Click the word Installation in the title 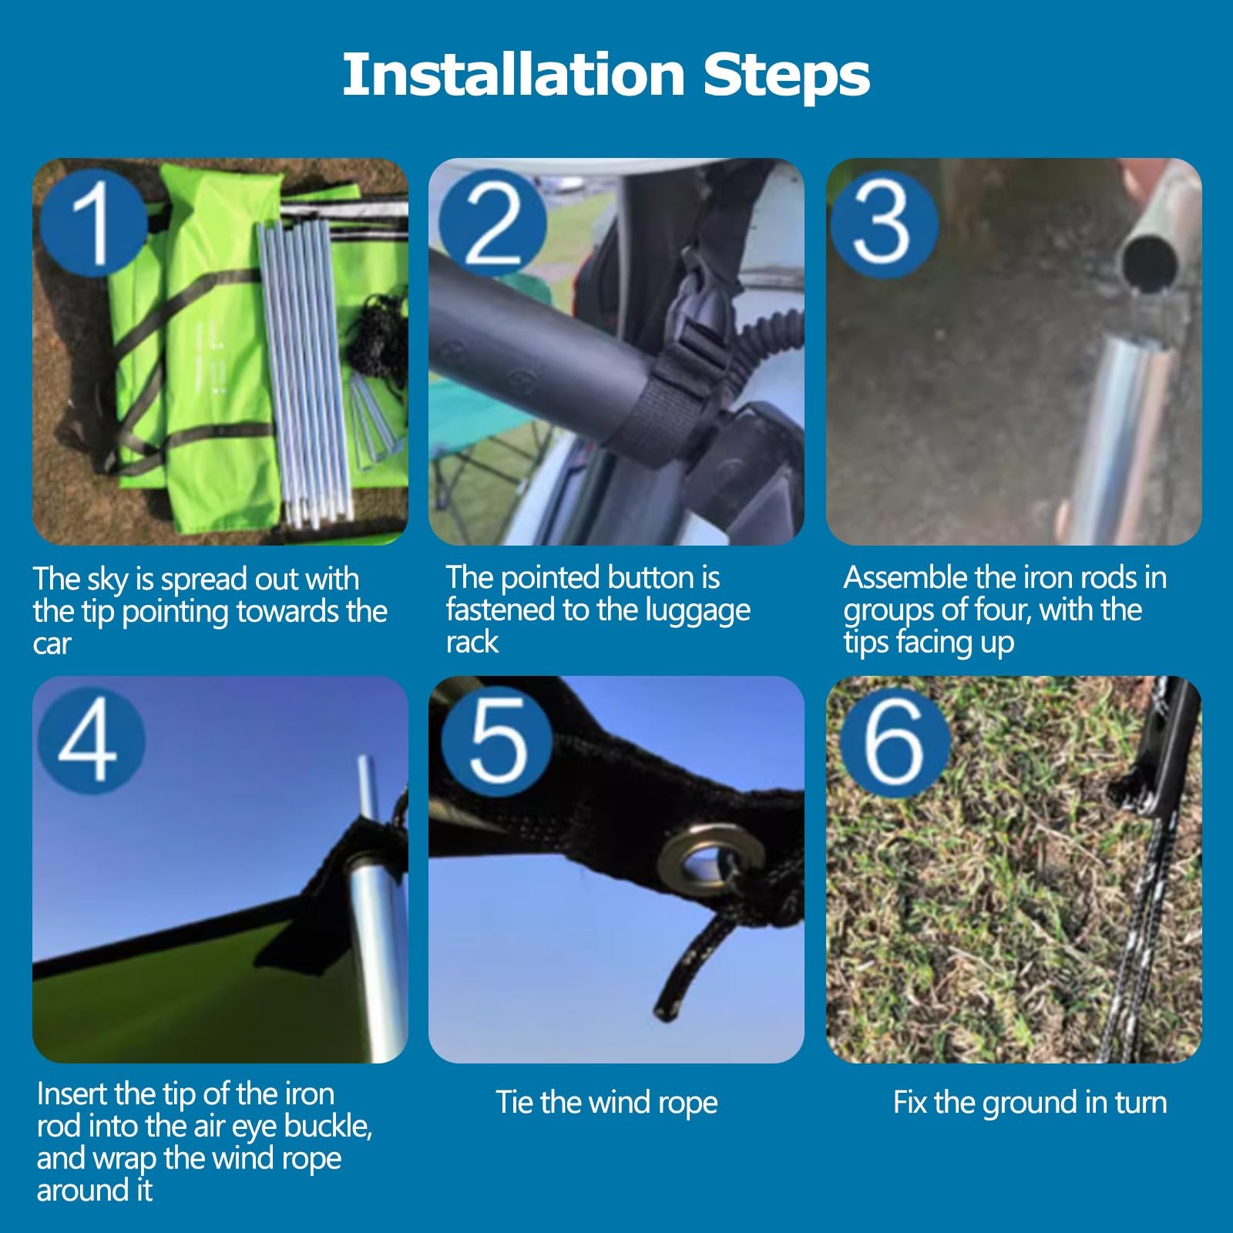click(x=514, y=74)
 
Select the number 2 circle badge click(x=492, y=223)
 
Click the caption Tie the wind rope click(x=606, y=1102)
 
